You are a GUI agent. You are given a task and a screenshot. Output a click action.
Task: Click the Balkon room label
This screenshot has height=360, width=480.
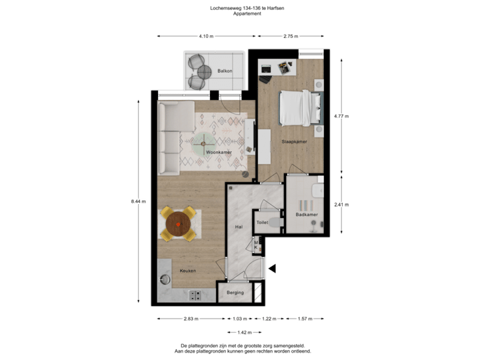[224, 71]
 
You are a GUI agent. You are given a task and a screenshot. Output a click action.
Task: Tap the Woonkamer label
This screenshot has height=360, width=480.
[218, 153]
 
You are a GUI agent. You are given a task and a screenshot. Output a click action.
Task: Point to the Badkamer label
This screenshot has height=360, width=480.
[306, 214]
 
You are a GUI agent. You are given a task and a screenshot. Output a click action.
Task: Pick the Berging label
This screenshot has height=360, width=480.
[235, 293]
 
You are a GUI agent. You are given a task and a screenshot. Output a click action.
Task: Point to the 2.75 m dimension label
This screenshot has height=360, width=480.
[291, 36]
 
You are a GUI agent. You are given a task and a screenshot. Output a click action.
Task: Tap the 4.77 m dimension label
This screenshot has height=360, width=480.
[341, 115]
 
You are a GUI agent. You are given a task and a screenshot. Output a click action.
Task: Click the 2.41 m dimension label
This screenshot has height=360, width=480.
[341, 204]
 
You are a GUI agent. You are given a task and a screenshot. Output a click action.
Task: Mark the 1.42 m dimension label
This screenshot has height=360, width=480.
[245, 331]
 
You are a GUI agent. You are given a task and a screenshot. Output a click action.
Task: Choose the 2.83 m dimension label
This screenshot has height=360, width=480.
[191, 319]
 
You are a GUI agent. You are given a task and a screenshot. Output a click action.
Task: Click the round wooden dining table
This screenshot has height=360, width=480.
[178, 224]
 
